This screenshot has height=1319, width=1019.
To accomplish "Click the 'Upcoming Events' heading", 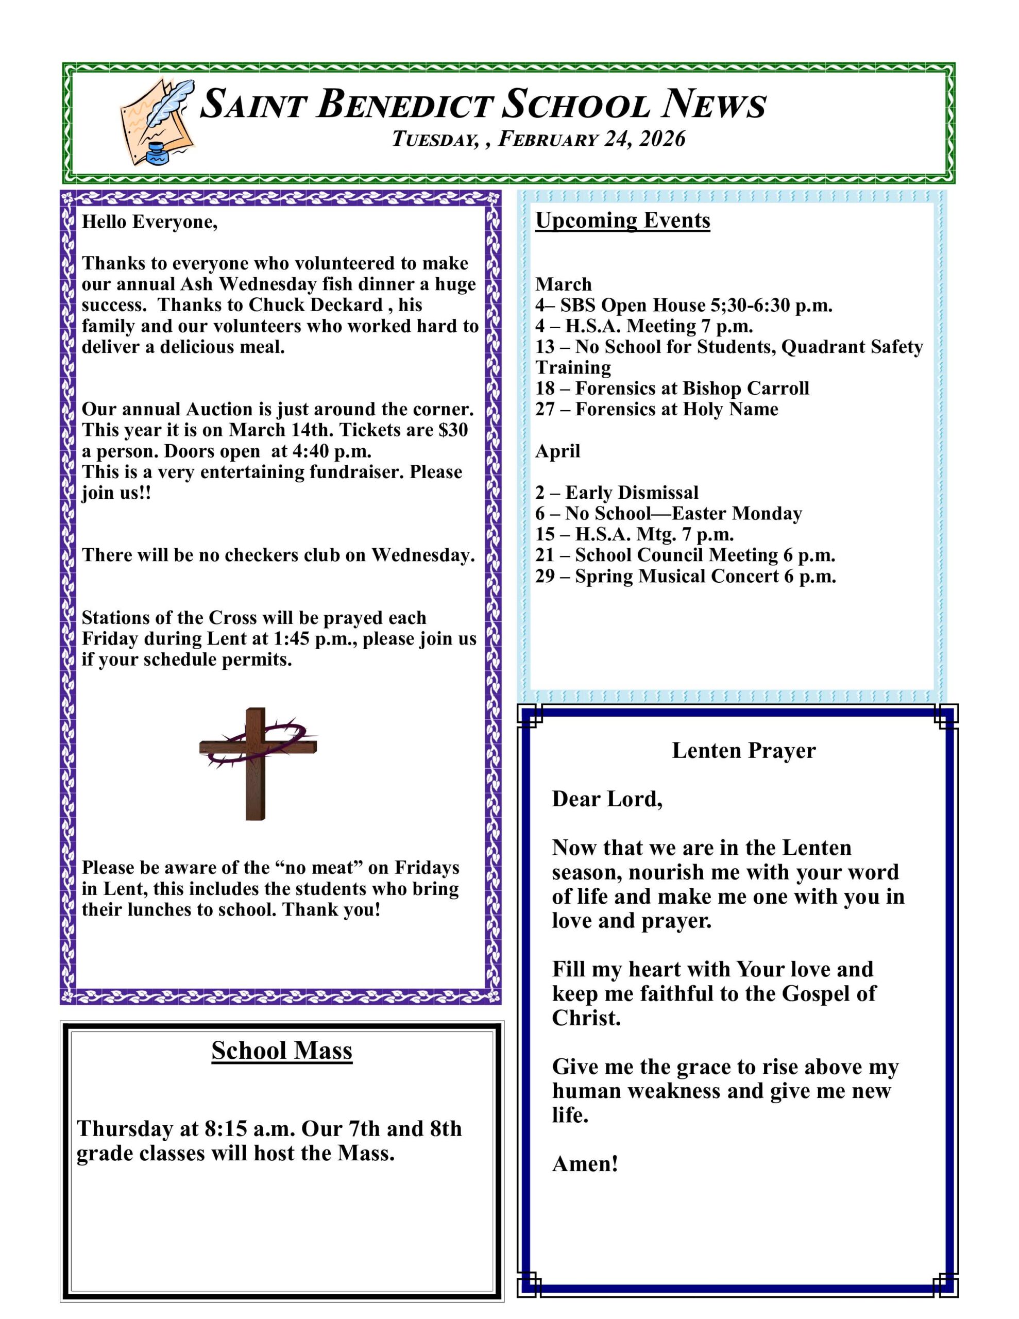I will click(x=622, y=221).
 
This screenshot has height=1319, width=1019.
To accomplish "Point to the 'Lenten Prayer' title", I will click(x=743, y=750).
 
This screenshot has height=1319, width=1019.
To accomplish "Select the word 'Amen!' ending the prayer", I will click(x=585, y=1164).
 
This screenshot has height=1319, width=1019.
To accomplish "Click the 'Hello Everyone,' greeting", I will click(x=149, y=222).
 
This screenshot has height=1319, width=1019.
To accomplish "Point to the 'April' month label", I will click(x=557, y=451).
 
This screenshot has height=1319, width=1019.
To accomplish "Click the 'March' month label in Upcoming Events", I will click(x=563, y=284).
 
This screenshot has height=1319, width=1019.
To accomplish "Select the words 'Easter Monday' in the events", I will click(x=736, y=513).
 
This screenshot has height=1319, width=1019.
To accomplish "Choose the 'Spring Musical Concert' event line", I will click(x=685, y=576).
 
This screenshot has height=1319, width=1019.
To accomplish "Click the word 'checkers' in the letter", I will click(x=256, y=555).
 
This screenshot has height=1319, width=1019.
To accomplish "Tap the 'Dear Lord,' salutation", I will click(x=607, y=799).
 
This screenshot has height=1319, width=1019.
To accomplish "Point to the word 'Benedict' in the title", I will click(x=403, y=104).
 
